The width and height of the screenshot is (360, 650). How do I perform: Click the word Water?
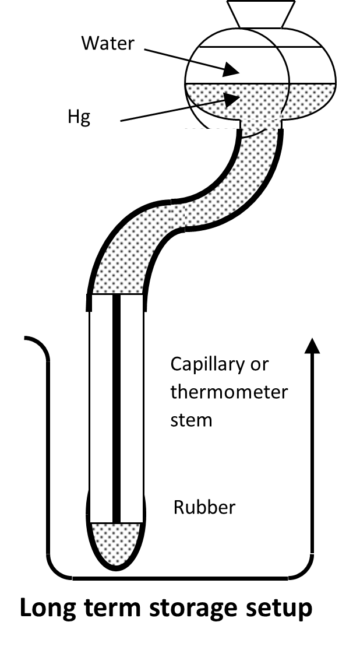(x=108, y=43)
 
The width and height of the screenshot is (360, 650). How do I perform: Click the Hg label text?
(x=79, y=118)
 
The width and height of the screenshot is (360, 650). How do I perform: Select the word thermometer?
(x=229, y=392)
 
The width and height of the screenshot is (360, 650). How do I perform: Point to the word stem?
(x=191, y=420)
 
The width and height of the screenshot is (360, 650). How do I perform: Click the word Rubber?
(x=204, y=507)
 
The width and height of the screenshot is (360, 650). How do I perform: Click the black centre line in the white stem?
(x=117, y=408)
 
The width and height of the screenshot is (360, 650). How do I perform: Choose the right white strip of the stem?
(x=132, y=408)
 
